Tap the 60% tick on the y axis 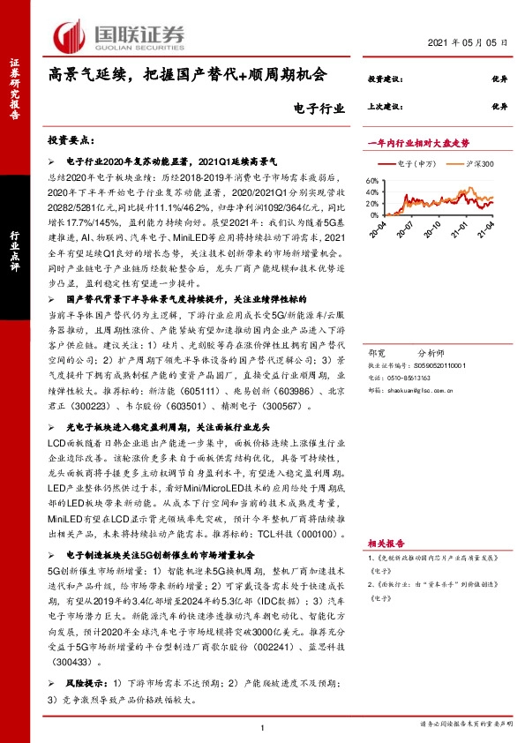(x=370, y=178)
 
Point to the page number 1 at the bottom (x=263, y=727)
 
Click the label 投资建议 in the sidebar (x=385, y=79)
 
